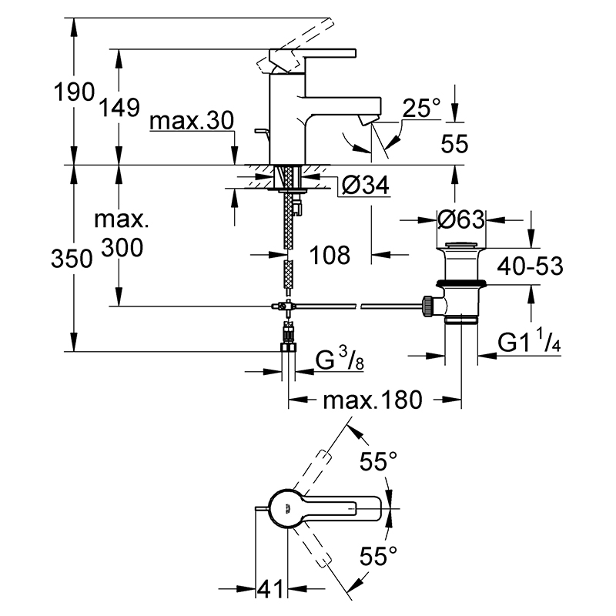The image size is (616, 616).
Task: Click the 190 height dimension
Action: (x=74, y=92)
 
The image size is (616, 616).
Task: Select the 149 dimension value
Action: (x=119, y=107)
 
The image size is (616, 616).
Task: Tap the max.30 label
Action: (x=192, y=121)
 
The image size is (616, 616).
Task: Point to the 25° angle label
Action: (x=421, y=107)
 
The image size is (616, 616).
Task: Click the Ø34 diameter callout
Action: (x=365, y=185)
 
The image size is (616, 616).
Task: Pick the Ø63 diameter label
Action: (x=461, y=219)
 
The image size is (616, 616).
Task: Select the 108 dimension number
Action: (x=330, y=255)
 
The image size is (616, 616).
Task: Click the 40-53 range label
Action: (x=530, y=266)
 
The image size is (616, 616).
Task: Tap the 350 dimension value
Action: (x=72, y=259)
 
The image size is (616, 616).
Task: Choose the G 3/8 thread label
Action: (x=340, y=360)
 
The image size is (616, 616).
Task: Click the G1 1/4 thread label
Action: (x=529, y=340)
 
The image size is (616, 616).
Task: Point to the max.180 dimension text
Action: (x=373, y=400)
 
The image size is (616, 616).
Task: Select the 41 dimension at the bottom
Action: (x=270, y=589)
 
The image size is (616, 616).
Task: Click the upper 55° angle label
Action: (x=378, y=460)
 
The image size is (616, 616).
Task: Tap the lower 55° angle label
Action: (x=378, y=555)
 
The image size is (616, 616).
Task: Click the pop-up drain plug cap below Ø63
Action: (x=461, y=246)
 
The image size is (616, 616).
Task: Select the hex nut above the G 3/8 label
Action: (x=289, y=347)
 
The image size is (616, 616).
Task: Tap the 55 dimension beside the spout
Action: (x=454, y=143)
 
